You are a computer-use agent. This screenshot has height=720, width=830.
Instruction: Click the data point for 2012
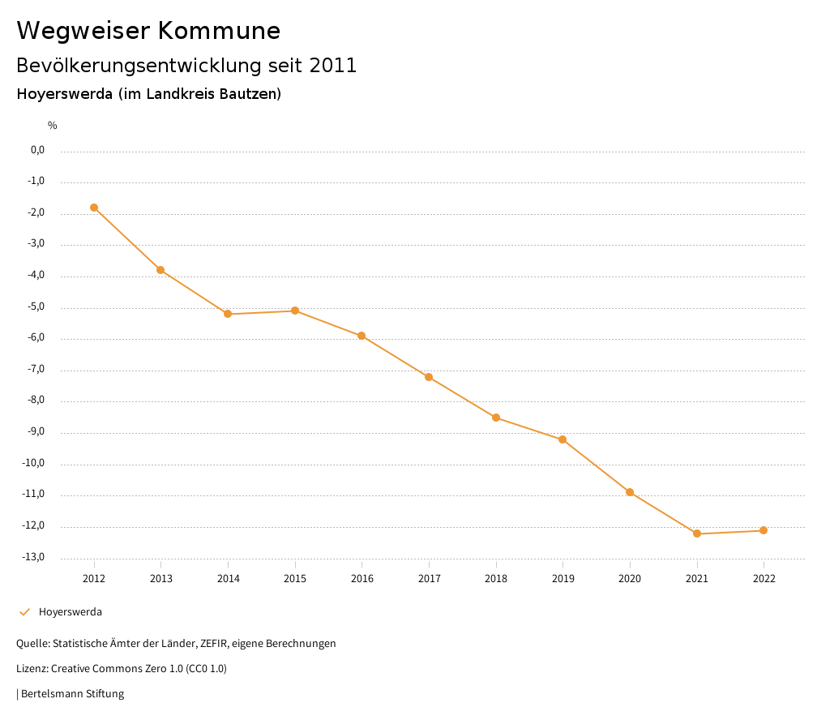94,208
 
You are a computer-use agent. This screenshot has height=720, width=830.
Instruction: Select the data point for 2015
295,311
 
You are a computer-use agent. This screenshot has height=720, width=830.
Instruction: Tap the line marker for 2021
697,534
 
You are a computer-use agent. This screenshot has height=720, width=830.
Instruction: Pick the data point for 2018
496,418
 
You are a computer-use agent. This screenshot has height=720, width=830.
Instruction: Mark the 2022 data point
764,530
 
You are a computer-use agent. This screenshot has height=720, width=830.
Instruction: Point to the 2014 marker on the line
228,314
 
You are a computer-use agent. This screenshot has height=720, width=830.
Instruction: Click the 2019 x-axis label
563,578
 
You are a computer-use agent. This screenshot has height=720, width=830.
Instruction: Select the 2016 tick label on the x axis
362,578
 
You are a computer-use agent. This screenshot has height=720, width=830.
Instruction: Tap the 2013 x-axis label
161,578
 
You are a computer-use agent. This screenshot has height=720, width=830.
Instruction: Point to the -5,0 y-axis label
36,306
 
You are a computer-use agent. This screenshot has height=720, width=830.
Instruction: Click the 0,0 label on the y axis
37,150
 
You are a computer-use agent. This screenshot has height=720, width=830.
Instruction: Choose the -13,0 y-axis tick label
35,557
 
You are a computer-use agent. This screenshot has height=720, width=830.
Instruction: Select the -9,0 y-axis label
36,431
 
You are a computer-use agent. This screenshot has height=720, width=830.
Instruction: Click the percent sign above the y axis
53,125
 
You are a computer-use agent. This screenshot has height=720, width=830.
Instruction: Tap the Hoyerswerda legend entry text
71,611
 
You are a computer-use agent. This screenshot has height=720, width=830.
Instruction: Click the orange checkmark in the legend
24,611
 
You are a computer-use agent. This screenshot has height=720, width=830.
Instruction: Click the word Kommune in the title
219,31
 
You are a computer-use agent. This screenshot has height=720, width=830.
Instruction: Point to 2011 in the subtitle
333,66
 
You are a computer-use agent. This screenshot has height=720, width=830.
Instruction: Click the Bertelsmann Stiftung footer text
72,693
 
